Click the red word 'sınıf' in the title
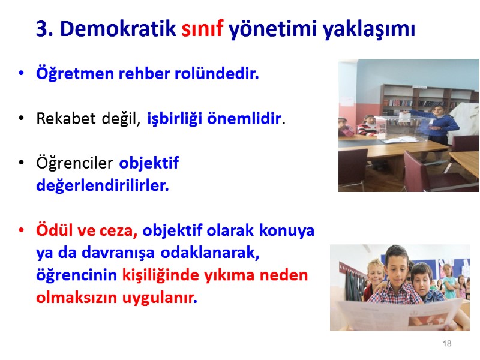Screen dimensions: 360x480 click(202, 29)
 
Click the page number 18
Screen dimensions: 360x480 click(446, 344)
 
